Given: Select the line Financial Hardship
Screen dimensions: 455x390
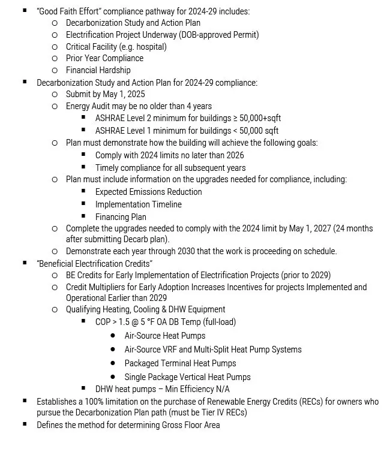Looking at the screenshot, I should click(98, 70).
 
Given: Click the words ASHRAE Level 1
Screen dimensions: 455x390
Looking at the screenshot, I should click(124, 130).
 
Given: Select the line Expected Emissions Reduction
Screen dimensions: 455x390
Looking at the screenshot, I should click(148, 192).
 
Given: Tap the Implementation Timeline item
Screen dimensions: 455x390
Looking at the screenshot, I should click(138, 204).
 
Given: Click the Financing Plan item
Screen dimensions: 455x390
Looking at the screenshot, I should click(121, 217).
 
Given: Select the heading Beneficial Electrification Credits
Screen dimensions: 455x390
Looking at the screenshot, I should click(95, 263).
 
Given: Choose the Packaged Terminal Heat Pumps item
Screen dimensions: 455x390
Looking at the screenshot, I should click(180, 363).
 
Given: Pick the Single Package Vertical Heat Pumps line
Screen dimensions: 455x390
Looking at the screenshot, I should click(187, 377).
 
